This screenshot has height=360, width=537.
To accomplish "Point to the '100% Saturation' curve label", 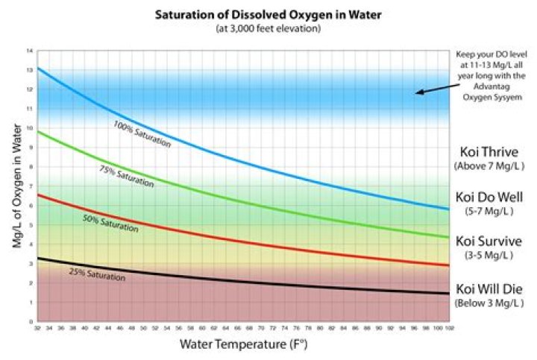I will [x=142, y=133].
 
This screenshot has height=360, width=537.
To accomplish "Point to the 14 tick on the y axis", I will [x=30, y=51].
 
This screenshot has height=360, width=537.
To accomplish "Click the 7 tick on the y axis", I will [x=31, y=186].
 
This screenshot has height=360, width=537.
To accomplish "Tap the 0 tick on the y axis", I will [x=31, y=322].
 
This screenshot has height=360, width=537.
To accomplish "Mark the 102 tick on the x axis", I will [x=448, y=328].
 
